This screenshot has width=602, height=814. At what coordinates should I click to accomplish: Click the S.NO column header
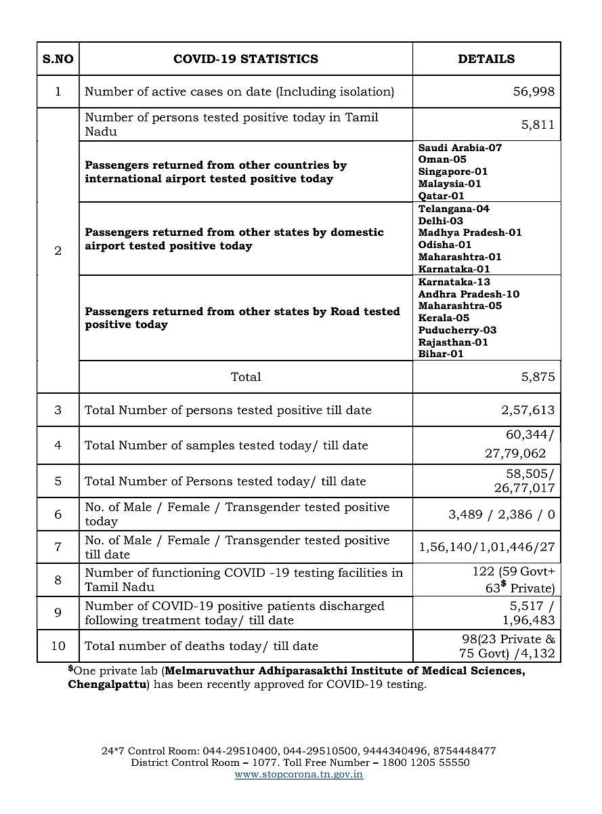click(58, 59)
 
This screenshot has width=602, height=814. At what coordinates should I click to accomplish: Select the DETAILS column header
click(486, 59)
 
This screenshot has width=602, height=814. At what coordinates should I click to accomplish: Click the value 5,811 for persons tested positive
click(538, 125)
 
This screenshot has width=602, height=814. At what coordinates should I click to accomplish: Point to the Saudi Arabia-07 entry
click(460, 147)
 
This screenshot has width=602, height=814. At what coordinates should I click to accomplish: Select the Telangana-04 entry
click(454, 209)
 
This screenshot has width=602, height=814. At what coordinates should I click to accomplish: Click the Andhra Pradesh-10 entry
click(469, 294)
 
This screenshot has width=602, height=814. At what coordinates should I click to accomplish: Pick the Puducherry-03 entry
click(457, 330)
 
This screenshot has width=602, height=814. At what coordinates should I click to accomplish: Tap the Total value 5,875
click(538, 377)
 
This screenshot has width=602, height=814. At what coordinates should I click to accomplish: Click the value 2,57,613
click(528, 410)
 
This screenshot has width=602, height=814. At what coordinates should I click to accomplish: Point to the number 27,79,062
click(515, 453)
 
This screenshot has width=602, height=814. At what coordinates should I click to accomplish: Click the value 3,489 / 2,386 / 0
click(501, 514)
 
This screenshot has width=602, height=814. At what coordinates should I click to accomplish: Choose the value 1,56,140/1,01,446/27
click(487, 547)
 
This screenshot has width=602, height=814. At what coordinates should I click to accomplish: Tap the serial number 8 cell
click(58, 580)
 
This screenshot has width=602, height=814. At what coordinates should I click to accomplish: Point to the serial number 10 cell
click(58, 646)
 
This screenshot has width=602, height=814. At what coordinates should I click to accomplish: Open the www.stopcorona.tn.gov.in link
click(299, 774)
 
